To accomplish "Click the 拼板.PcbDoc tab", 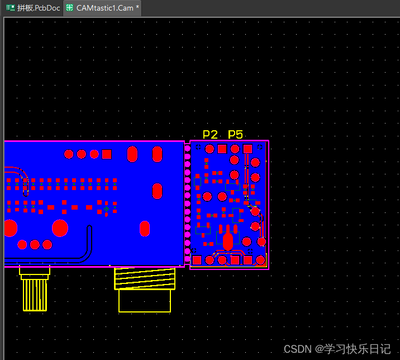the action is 33,8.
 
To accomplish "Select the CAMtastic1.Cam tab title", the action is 105,8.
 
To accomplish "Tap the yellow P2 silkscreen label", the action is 210,134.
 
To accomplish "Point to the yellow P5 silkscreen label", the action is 235,134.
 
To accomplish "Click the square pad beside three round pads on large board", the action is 107,154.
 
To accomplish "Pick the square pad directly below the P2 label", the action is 222,149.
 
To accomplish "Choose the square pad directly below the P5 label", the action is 247,149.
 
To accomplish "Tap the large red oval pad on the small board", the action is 228,241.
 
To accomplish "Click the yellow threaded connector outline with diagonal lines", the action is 145,278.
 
